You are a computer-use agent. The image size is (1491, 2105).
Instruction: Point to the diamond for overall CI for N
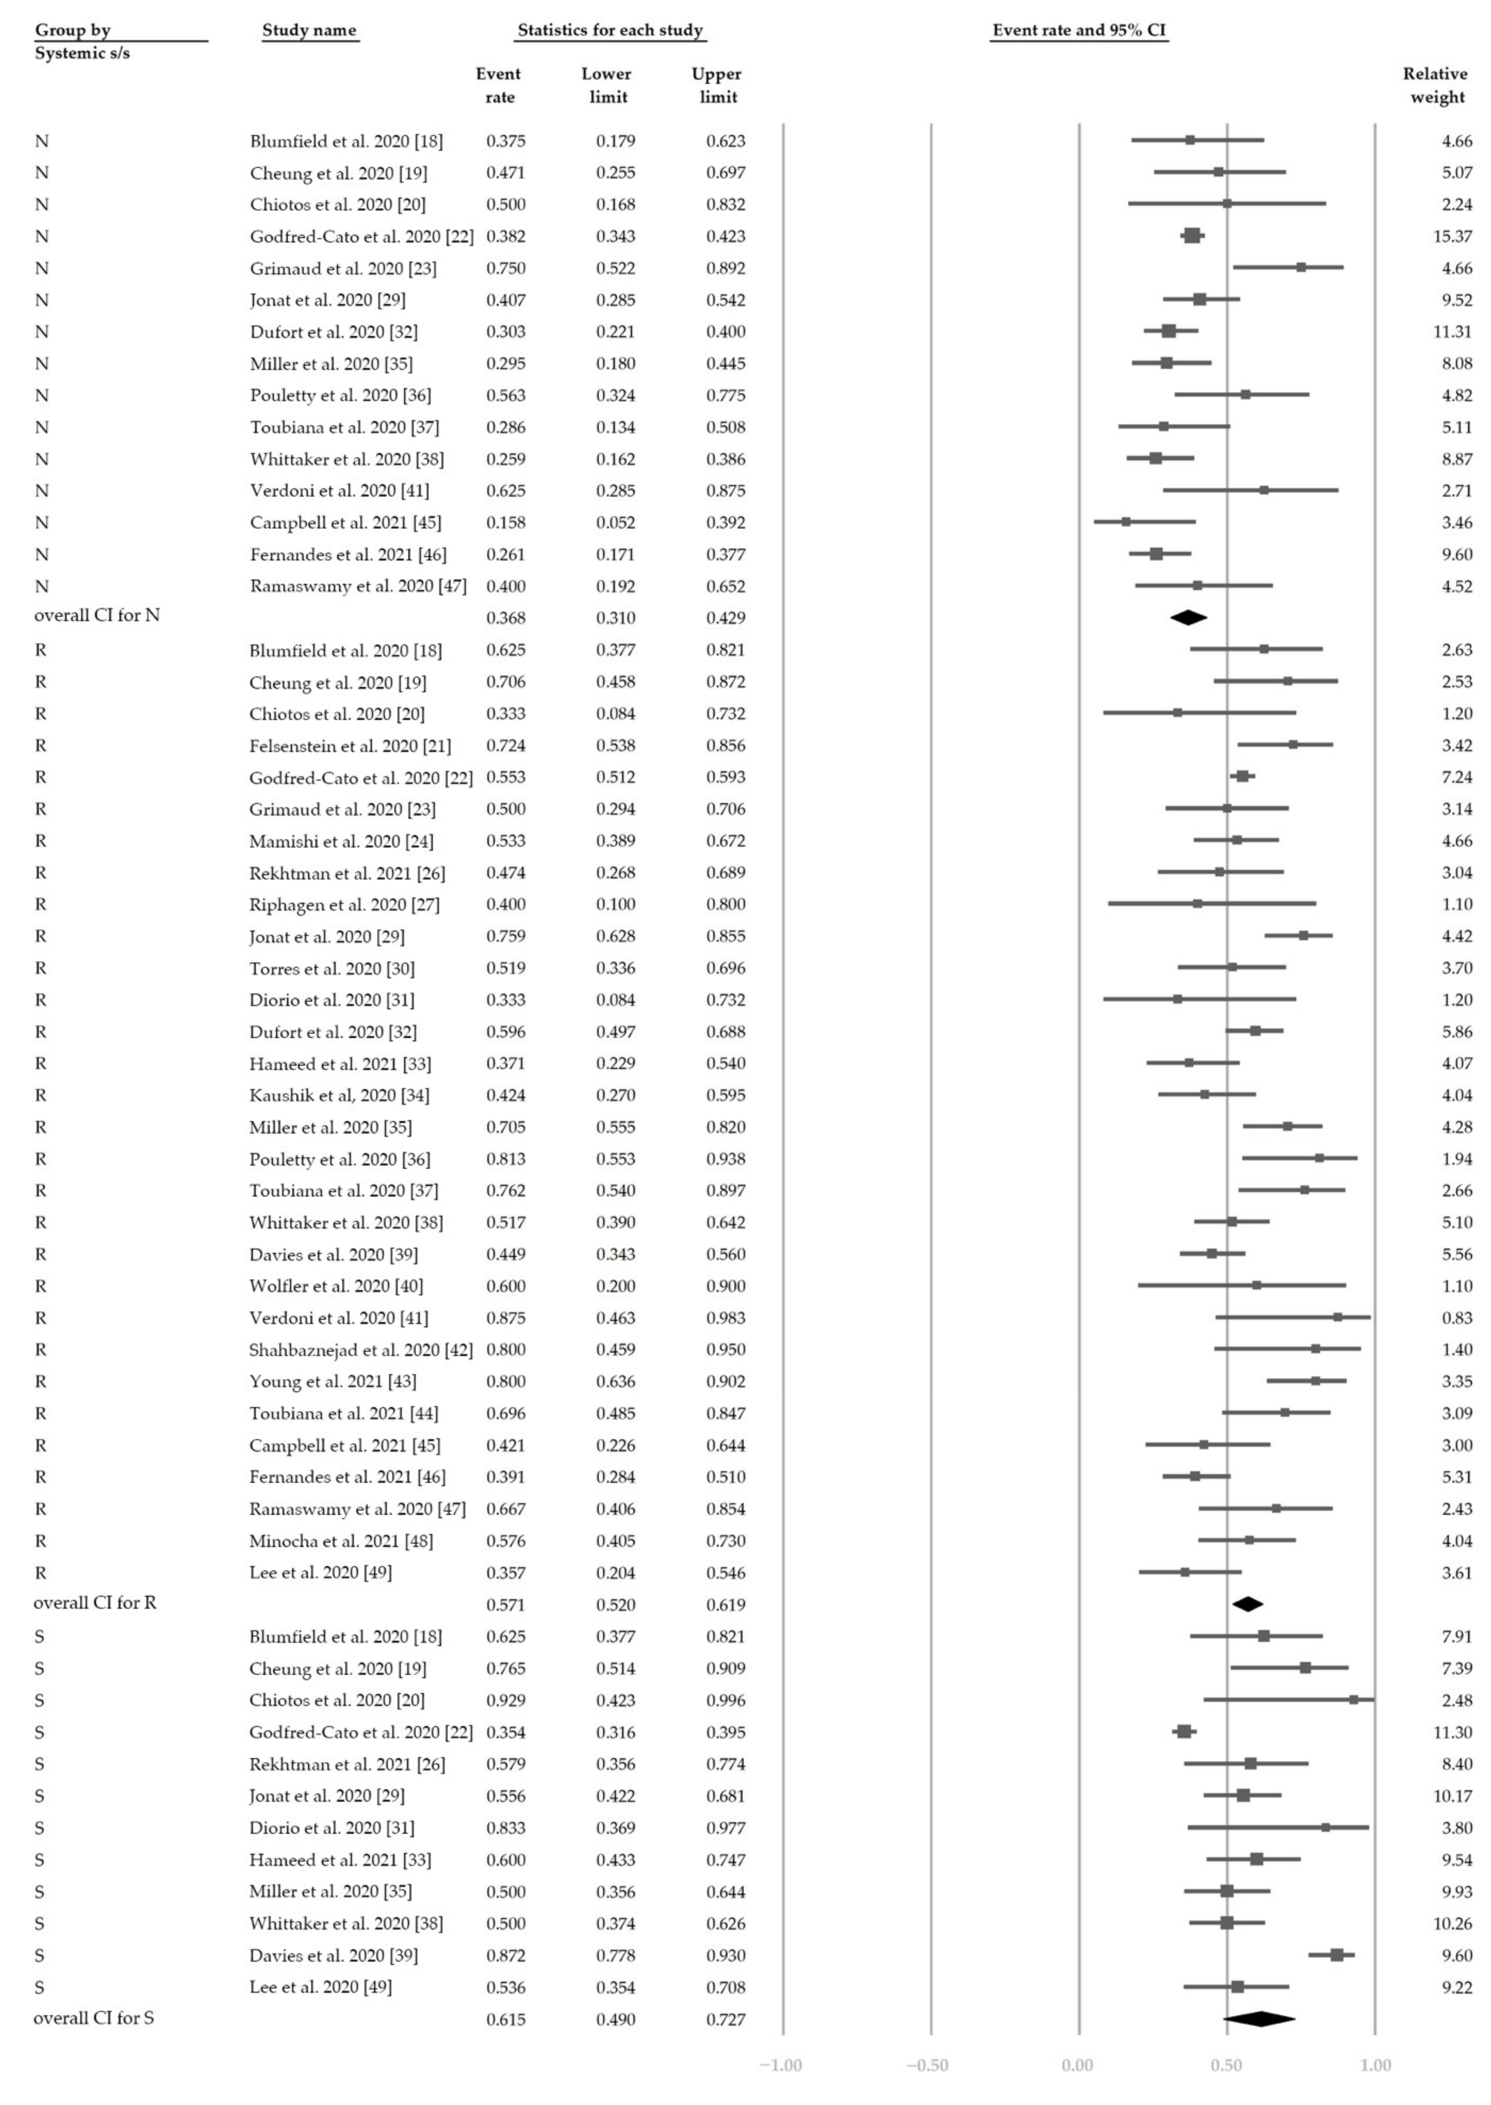pyautogui.click(x=1188, y=618)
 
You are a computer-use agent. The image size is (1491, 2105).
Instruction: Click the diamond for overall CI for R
pyautogui.click(x=1248, y=1604)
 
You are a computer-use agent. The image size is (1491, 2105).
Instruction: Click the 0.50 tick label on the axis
pyautogui.click(x=1227, y=2066)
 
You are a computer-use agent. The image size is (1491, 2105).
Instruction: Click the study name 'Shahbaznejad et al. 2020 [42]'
pyautogui.click(x=361, y=1350)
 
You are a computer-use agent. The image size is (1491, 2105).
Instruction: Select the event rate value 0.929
pyautogui.click(x=506, y=1700)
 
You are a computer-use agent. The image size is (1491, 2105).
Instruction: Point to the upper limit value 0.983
pyautogui.click(x=725, y=1318)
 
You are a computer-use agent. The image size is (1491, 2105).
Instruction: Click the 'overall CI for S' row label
pyautogui.click(x=94, y=2018)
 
